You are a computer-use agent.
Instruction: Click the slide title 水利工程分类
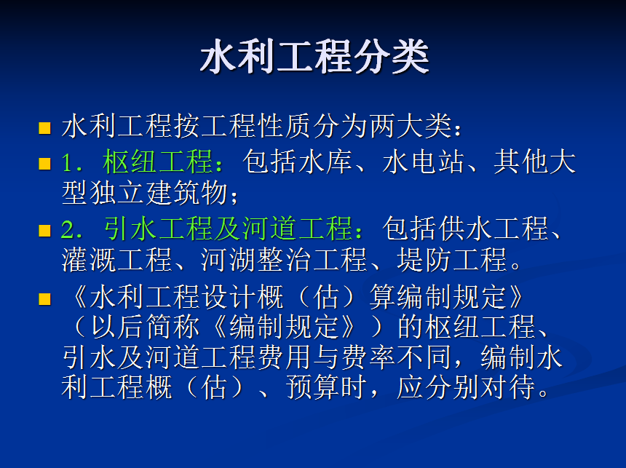[314, 56]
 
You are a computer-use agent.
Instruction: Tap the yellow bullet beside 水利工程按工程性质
[44, 128]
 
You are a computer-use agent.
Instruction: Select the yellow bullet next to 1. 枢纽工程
[44, 164]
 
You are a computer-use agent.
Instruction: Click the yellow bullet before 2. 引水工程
[44, 231]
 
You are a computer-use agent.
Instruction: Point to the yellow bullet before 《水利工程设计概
[44, 299]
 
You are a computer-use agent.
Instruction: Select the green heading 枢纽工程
[157, 162]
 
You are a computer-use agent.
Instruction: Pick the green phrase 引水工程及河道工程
[228, 229]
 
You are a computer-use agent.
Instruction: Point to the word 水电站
[424, 162]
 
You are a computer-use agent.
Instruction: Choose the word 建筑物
[187, 193]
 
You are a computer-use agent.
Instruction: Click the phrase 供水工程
[494, 229]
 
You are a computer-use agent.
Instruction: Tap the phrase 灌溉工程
[117, 260]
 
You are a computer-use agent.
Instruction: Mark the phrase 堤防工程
[451, 260]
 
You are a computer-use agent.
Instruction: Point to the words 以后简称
[146, 327]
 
